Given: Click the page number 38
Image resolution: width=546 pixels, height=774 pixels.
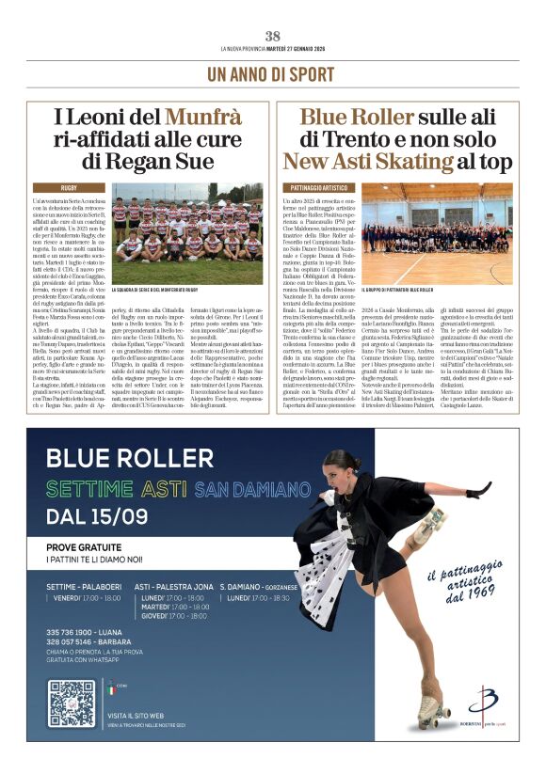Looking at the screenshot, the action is (x=272, y=36).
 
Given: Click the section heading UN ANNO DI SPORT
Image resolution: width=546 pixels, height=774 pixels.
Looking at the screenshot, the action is (x=272, y=72).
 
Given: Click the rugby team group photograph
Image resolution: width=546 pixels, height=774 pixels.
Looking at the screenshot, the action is (x=187, y=233).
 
